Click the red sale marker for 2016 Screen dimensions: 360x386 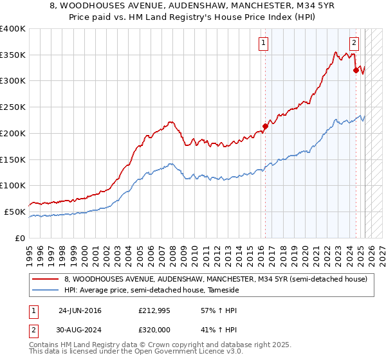[264, 126]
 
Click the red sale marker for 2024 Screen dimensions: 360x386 [356, 70]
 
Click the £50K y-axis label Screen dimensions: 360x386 [15, 212]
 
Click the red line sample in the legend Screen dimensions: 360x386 [45, 279]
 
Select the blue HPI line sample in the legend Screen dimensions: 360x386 [45, 290]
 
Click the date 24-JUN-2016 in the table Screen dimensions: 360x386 [80, 310]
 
